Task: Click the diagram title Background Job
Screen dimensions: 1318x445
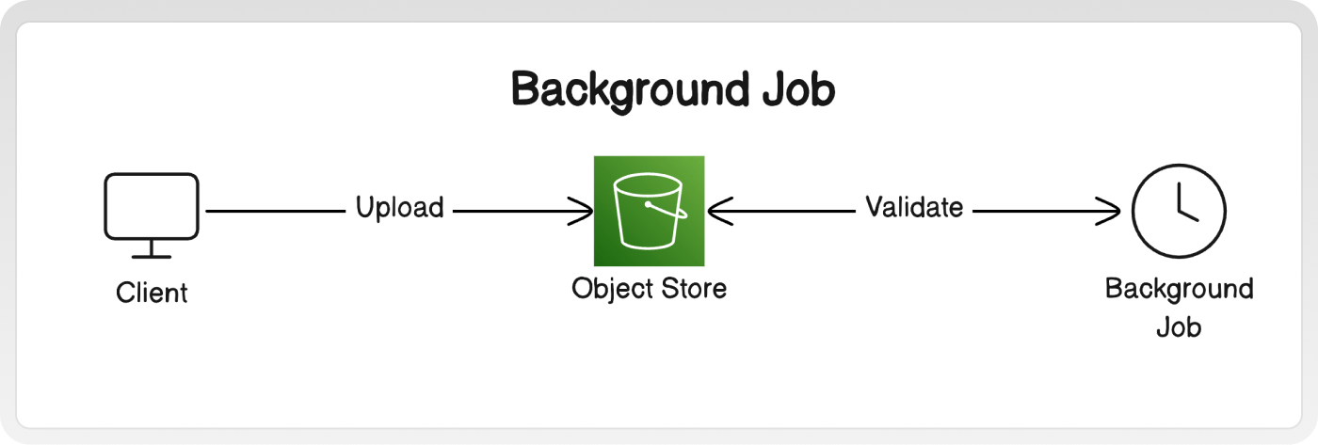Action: click(x=673, y=90)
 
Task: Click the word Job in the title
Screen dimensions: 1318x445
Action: click(x=799, y=90)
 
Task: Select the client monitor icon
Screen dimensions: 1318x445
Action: click(x=152, y=215)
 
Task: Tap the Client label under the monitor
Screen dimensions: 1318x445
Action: click(x=152, y=293)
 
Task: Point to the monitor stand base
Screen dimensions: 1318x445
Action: click(x=152, y=256)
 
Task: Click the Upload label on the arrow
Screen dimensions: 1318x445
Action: click(x=399, y=208)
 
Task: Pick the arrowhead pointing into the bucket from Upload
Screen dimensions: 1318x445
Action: click(x=581, y=211)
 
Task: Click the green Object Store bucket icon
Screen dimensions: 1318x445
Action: click(x=649, y=211)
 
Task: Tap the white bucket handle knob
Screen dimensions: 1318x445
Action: click(x=648, y=204)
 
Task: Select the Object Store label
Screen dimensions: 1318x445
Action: click(x=649, y=289)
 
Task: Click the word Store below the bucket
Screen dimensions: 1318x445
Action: click(x=694, y=289)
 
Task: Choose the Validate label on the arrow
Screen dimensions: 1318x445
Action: click(x=914, y=207)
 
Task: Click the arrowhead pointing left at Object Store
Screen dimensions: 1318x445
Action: click(x=720, y=211)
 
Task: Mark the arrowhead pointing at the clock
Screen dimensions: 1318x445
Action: click(x=1108, y=211)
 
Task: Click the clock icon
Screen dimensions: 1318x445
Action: click(x=1179, y=211)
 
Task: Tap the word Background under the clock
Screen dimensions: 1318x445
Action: click(x=1179, y=290)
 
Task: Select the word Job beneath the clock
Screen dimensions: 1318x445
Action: click(x=1179, y=327)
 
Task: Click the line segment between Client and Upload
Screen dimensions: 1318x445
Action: click(x=275, y=211)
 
